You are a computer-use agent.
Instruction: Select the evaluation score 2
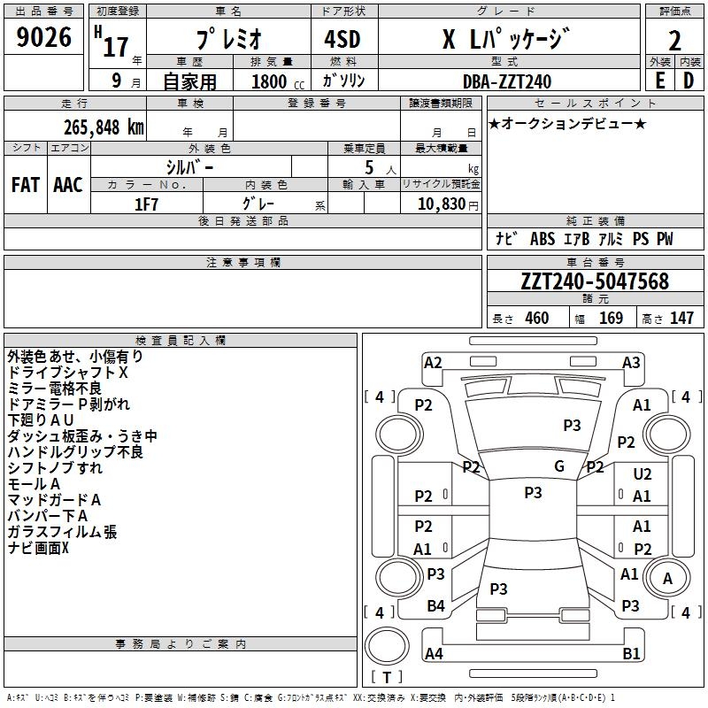point(674,41)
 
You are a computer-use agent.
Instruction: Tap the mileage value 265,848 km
point(104,126)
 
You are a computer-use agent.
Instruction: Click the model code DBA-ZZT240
point(507,81)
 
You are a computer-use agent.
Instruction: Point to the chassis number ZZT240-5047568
point(595,281)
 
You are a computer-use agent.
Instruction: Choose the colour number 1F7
point(146,204)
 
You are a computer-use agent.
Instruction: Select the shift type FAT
point(25,185)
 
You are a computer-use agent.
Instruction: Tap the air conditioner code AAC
point(68,185)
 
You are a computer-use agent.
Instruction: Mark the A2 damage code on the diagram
point(433,362)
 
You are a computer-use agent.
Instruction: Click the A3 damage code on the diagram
point(631,362)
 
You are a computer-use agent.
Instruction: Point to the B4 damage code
point(435,606)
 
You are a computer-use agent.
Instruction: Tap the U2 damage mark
point(643,475)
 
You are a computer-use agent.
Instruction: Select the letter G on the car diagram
point(559,466)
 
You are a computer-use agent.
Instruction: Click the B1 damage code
point(631,654)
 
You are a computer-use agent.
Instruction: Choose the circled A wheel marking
point(667,579)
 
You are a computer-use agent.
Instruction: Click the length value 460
point(536,319)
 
